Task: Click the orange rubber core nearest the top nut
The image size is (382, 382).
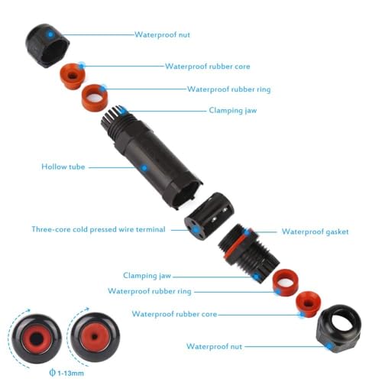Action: (73, 74)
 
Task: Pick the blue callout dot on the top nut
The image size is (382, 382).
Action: (50, 34)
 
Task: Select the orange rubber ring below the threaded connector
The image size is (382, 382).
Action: (284, 280)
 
